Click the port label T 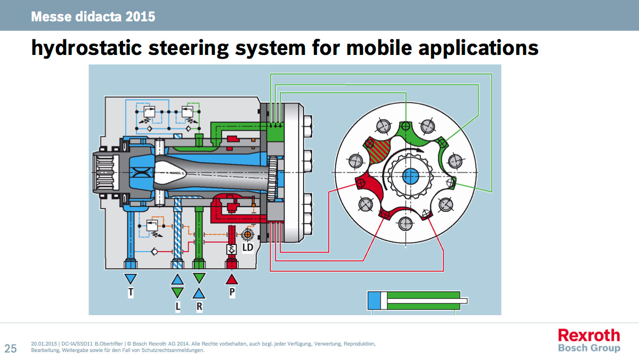click(x=131, y=292)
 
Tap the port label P click(x=232, y=292)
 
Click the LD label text click(x=248, y=247)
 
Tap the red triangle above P click(x=232, y=279)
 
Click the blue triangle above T click(x=131, y=279)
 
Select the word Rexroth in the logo click(x=589, y=335)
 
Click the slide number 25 click(x=11, y=349)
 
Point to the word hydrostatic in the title click(x=86, y=47)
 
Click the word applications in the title click(x=479, y=47)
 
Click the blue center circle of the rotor click(x=410, y=177)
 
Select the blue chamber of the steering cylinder click(x=374, y=301)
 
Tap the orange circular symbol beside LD click(x=247, y=235)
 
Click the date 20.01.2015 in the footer click(x=44, y=344)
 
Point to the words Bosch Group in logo click(x=589, y=348)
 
